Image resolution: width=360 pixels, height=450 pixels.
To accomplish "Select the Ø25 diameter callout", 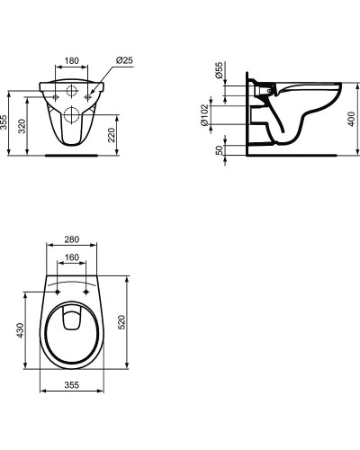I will coord(125,60).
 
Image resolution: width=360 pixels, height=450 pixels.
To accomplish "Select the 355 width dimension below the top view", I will coord(72,384).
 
